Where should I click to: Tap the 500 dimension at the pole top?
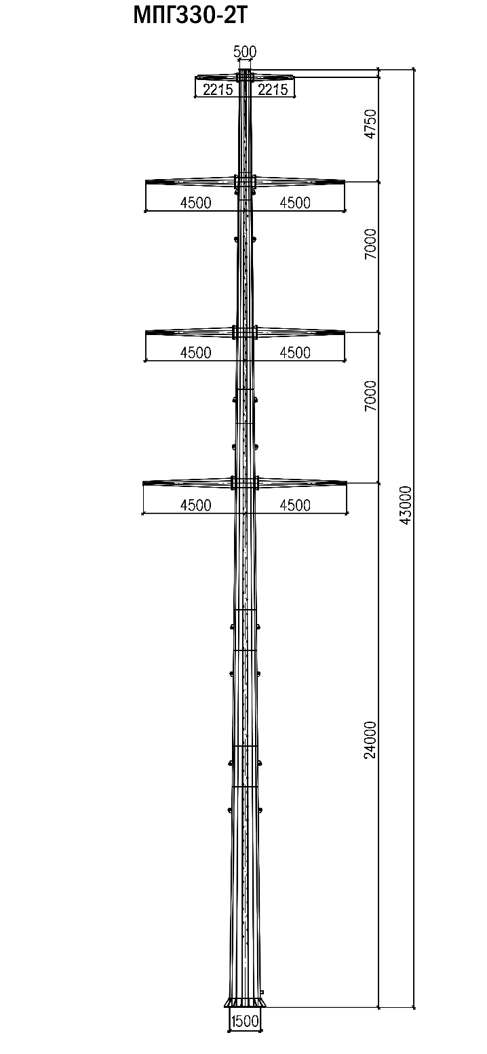click(x=245, y=52)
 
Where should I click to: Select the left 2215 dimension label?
click(x=218, y=89)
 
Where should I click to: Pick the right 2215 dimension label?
click(x=273, y=89)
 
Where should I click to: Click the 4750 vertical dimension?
click(x=370, y=124)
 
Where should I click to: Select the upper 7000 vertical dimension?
click(x=370, y=244)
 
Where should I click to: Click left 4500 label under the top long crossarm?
click(x=195, y=203)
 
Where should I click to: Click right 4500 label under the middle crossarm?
click(x=294, y=353)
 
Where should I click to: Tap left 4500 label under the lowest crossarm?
click(x=195, y=505)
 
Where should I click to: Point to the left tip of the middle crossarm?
click(x=147, y=332)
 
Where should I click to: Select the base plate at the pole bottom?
click(x=245, y=1002)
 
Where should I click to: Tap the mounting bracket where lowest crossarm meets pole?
click(x=245, y=483)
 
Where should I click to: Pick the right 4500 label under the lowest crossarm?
click(x=294, y=505)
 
